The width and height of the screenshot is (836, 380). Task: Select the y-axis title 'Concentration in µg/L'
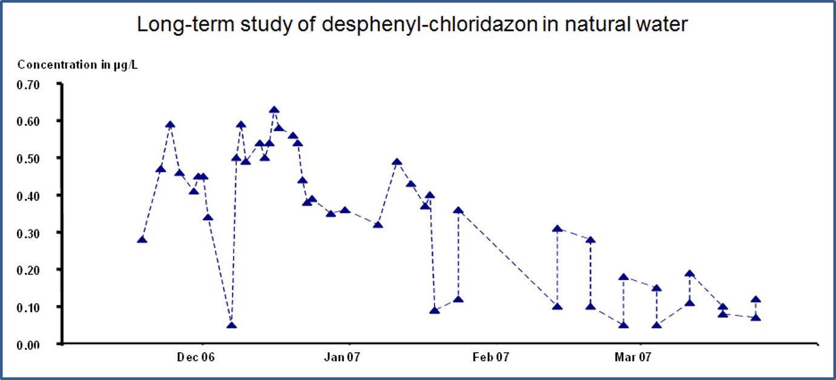pos(77,65)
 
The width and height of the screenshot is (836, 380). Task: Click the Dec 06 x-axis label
pos(196,358)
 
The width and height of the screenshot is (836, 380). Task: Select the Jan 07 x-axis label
pos(343,358)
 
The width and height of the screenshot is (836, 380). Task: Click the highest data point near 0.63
pos(274,110)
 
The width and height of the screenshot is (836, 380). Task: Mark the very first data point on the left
pos(142,240)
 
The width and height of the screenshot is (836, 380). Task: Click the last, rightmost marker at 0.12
pos(755,300)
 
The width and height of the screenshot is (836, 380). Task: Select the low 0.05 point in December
pos(231,326)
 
